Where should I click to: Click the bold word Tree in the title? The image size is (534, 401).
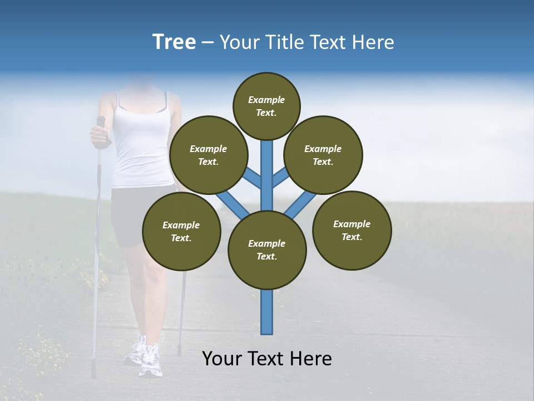[174, 42]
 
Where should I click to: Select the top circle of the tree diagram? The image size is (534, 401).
[266, 106]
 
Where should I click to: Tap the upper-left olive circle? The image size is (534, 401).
[208, 155]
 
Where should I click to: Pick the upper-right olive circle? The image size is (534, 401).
[323, 155]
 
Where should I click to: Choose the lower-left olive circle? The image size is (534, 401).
[181, 231]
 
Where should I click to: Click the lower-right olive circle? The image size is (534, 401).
[352, 230]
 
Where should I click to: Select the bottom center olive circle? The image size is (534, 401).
[267, 250]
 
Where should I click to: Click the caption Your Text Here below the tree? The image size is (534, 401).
[267, 359]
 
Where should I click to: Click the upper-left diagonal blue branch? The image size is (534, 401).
[251, 177]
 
